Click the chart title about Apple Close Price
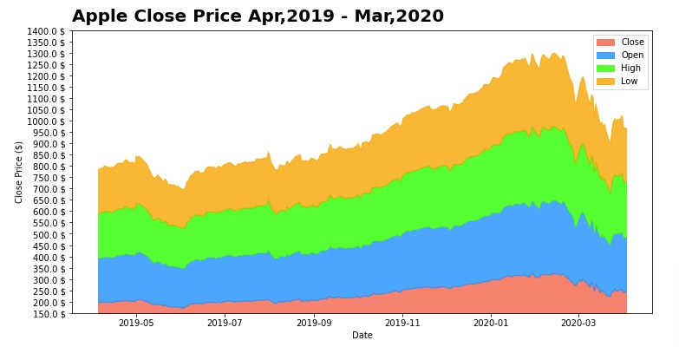click(258, 16)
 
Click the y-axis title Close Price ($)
click(19, 172)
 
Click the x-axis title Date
click(362, 335)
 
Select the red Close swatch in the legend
click(605, 43)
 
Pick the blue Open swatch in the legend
click(605, 56)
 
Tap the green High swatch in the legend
click(605, 69)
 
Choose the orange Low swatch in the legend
click(605, 82)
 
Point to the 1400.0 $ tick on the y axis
click(47, 31)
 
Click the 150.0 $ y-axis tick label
click(49, 313)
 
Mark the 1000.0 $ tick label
click(47, 121)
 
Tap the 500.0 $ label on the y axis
click(49, 234)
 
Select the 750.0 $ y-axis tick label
click(49, 178)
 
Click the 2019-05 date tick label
click(135, 324)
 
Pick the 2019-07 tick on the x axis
click(224, 324)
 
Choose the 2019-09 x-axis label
click(314, 324)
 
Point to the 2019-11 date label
click(402, 324)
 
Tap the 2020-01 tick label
click(491, 324)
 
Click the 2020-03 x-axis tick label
click(578, 324)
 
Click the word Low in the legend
click(629, 82)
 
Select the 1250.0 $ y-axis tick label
click(47, 65)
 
